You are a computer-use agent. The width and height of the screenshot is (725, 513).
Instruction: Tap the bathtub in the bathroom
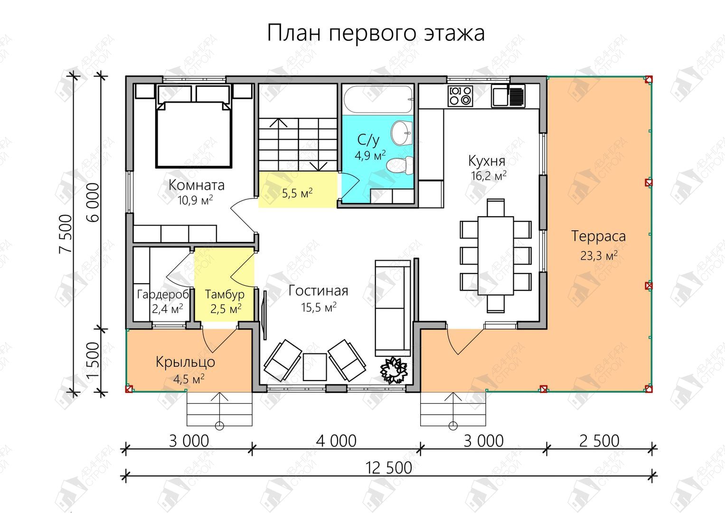point(378,99)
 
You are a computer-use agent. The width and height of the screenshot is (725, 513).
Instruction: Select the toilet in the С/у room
point(400,165)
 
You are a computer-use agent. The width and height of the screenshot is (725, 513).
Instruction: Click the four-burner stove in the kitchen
point(460,96)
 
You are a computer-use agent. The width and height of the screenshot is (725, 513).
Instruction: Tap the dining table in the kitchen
point(496,256)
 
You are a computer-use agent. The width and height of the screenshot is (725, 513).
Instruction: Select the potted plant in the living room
point(393,370)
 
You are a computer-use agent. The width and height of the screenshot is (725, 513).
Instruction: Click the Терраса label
point(598,236)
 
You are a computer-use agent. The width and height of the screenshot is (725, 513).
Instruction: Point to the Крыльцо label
point(186,362)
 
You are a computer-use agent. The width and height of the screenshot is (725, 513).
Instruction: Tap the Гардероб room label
point(162,294)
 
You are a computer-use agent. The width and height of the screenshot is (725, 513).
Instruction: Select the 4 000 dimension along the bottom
point(336,441)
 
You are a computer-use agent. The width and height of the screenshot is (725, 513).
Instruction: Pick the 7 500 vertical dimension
point(66,234)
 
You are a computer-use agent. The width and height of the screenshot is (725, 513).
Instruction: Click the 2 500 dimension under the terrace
point(599,441)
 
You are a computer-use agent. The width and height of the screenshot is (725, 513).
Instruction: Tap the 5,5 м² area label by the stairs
point(297,193)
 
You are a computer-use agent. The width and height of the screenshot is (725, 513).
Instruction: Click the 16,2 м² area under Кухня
point(489,176)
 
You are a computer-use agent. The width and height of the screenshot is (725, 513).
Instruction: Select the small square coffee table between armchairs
point(315,367)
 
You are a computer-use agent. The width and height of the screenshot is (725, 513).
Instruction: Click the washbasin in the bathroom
point(402,133)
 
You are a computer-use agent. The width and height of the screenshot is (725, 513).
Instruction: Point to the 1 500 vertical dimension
point(94,360)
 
